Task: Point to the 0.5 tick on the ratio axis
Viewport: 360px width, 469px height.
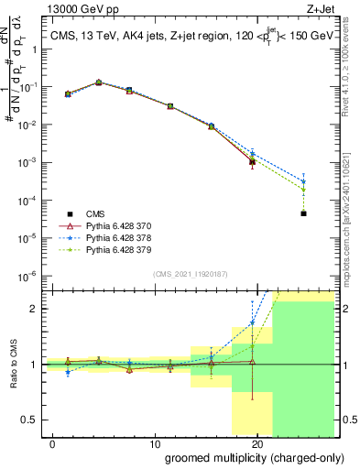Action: pos(31,420)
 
